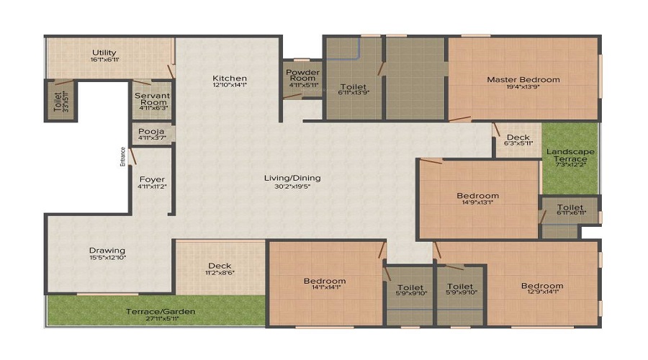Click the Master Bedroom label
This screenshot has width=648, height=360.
pos(523,79)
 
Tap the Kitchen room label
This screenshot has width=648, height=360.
pos(230,78)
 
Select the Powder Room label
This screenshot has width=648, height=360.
pos(302,75)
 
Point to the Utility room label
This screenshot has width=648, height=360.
pos(105,53)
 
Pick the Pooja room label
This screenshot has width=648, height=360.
pos(152,132)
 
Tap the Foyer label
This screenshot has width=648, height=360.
pos(152,179)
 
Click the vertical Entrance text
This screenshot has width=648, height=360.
pos(123,157)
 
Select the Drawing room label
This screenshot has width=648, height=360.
pos(107,251)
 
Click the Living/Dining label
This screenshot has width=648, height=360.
pos(292,178)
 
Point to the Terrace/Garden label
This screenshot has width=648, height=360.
pos(161,312)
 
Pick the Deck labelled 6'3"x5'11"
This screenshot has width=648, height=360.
pos(518,138)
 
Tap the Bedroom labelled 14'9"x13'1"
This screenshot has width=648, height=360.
pos(477,195)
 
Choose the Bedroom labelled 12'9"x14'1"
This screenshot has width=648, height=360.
pos(542,286)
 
